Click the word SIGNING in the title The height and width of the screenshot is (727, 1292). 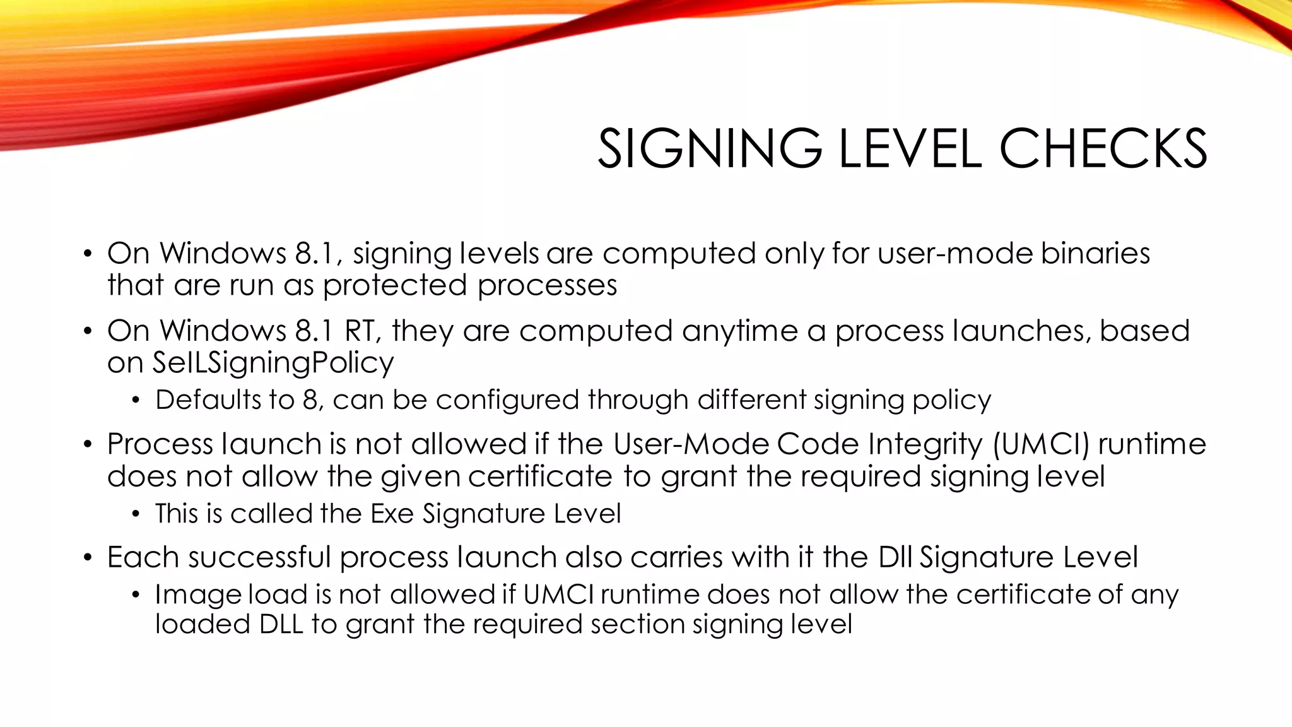pos(710,149)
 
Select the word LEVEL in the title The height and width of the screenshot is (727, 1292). pos(910,149)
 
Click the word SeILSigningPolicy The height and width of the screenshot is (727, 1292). pos(273,363)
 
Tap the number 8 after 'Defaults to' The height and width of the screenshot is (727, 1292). pos(310,400)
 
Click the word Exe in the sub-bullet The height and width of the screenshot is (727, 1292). pos(392,514)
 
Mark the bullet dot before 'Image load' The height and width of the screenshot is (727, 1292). pos(136,596)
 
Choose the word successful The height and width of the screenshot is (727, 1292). pos(259,557)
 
